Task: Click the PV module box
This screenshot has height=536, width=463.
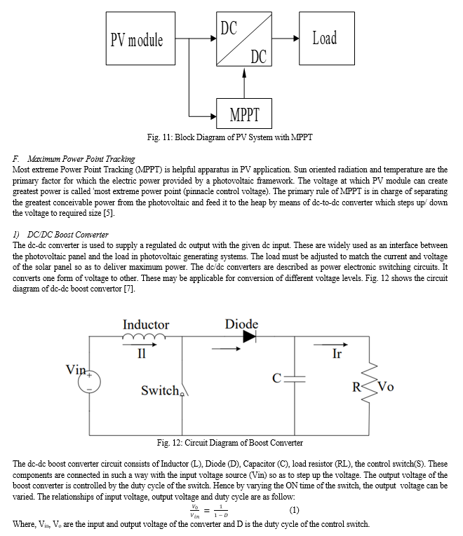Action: click(140, 39)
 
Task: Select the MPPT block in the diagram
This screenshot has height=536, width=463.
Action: click(244, 114)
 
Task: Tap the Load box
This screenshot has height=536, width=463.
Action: click(327, 39)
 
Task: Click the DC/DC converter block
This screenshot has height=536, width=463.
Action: click(244, 39)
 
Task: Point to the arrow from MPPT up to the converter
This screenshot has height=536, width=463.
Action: click(244, 83)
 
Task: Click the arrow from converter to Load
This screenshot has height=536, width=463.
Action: click(286, 39)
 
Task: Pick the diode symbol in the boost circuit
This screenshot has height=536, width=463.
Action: click(250, 337)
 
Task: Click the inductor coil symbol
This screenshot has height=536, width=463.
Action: click(144, 337)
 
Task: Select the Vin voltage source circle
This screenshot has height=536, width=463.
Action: click(89, 382)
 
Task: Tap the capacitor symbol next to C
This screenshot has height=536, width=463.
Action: click(295, 378)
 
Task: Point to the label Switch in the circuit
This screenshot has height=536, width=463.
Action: click(160, 390)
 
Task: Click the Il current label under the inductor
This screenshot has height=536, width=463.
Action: click(142, 353)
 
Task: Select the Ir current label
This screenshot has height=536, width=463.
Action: click(337, 353)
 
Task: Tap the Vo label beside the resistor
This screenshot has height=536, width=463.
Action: click(386, 387)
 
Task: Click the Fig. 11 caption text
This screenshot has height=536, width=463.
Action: click(229, 137)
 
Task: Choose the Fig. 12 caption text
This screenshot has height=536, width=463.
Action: click(229, 443)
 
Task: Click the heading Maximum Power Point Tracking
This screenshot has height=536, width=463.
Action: click(81, 159)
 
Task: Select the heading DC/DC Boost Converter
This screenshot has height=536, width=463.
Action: click(68, 235)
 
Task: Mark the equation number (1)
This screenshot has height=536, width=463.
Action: click(295, 510)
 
